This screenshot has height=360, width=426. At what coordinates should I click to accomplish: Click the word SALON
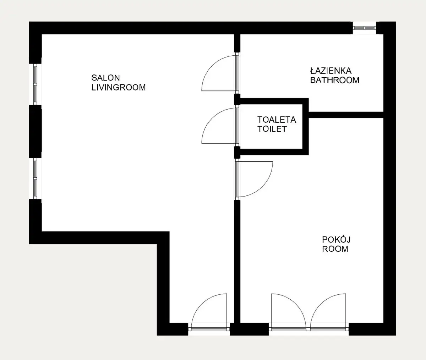tap(105, 78)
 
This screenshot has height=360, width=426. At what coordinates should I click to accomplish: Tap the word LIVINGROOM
tap(119, 88)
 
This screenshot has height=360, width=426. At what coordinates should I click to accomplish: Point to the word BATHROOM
tap(335, 80)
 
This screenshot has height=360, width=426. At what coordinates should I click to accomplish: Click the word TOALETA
tap(277, 120)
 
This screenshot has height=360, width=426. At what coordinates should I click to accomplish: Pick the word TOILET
tap(272, 129)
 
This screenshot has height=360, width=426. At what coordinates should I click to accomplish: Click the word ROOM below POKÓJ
tap(335, 249)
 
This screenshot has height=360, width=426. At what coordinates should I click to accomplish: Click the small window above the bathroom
tap(364, 28)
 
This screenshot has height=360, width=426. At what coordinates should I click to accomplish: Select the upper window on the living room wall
tap(35, 84)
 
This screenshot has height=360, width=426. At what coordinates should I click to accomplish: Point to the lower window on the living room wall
tap(35, 178)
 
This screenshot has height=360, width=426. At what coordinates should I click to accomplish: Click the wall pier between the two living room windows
tap(35, 131)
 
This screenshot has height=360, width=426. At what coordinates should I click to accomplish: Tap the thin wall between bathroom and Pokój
tap(346, 115)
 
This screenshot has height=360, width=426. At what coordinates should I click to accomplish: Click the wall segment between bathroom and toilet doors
tap(237, 99)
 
